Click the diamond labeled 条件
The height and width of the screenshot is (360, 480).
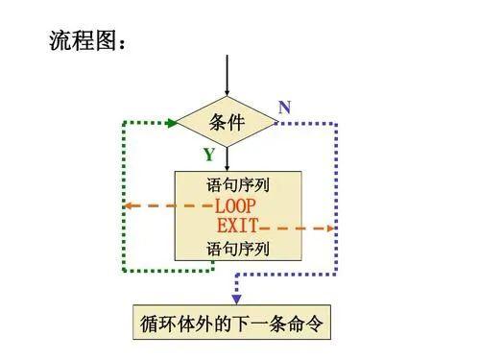pyautogui.click(x=228, y=123)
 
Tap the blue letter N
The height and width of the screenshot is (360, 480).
pyautogui.click(x=284, y=108)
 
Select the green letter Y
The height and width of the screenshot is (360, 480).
pyautogui.click(x=208, y=155)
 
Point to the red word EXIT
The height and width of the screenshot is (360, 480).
pyautogui.click(x=237, y=228)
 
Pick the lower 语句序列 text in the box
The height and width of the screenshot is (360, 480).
pyautogui.click(x=237, y=250)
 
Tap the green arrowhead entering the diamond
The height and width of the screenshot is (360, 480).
pyautogui.click(x=172, y=123)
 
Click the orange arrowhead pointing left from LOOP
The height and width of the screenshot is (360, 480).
pyautogui.click(x=129, y=205)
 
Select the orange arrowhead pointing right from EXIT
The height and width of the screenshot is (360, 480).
pyautogui.click(x=329, y=228)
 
